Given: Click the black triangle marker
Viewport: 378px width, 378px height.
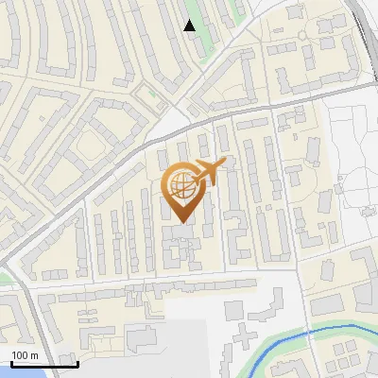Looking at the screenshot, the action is (190, 26).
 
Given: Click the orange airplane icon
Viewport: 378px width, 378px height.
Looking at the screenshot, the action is (209, 171).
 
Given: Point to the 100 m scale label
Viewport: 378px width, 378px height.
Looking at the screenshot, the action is (26, 354).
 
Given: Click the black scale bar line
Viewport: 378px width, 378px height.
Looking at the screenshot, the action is (43, 364).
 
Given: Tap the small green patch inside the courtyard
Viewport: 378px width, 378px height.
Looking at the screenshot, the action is (146, 94).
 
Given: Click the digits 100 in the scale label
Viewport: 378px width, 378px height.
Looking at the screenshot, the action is (21, 354).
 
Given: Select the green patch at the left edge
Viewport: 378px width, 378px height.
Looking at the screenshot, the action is (4, 277).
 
